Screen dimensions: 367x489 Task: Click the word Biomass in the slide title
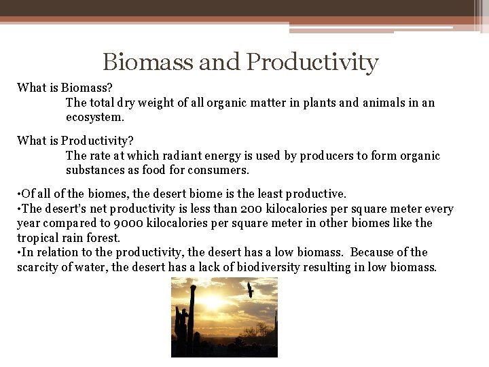click(147, 62)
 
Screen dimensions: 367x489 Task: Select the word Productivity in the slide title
click(312, 63)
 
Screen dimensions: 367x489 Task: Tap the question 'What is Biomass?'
click(65, 87)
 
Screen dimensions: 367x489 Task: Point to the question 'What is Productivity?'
click(75, 141)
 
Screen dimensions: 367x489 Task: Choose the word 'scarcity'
click(39, 267)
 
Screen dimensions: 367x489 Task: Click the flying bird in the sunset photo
click(251, 290)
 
